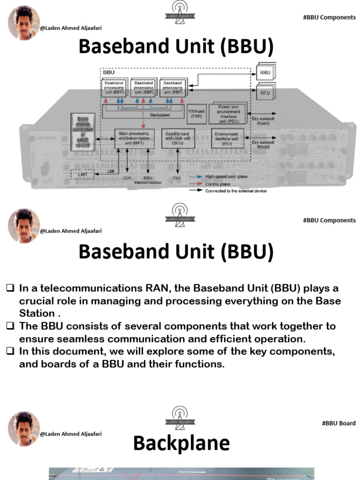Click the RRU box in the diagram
(x=265, y=73)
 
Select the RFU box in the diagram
(x=265, y=92)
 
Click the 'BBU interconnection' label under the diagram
(x=148, y=180)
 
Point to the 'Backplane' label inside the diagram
(x=160, y=114)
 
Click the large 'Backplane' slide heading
(x=181, y=442)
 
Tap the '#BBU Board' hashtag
(x=338, y=423)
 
